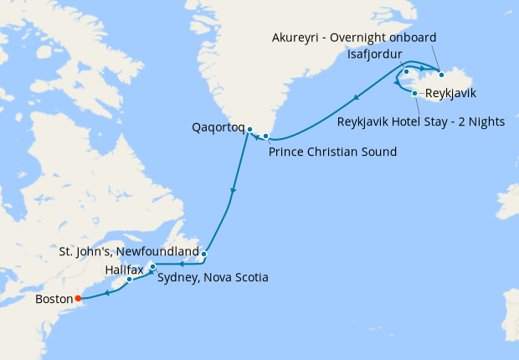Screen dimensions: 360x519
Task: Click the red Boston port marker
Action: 78,297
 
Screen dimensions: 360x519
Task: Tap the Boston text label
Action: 54,298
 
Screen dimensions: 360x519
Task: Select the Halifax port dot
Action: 130,280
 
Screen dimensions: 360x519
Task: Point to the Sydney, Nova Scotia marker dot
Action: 152,267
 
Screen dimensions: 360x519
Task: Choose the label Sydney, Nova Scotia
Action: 213,277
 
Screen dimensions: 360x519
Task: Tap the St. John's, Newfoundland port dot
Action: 204,252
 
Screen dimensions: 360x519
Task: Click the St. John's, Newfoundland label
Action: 129,251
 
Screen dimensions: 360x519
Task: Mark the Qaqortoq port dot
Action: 249,129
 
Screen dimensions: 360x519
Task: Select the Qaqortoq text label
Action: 218,129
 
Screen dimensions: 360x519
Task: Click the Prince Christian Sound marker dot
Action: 266,136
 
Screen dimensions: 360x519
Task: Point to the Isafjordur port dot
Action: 406,71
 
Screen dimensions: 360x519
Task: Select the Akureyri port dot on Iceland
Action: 441,76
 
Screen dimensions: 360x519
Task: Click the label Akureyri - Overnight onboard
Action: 355,38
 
